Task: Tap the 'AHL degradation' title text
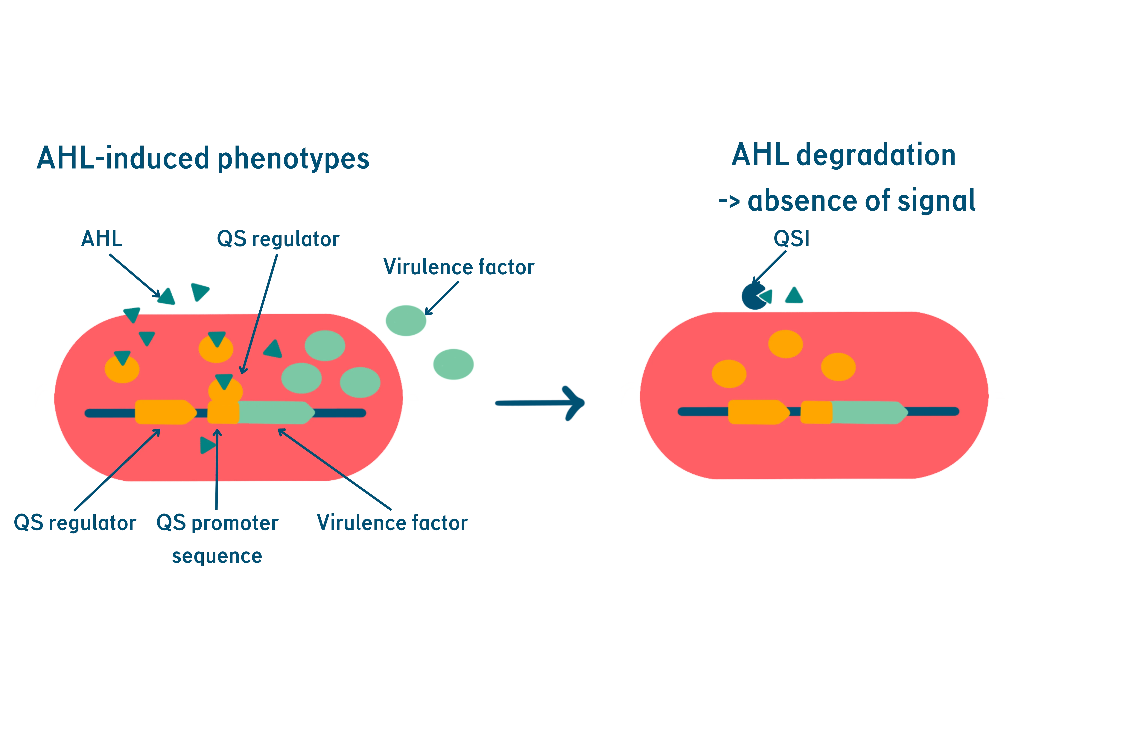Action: (843, 156)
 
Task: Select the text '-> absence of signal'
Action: (847, 201)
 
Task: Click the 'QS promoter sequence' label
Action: (217, 539)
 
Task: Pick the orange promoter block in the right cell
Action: (816, 412)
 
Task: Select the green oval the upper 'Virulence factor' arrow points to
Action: (406, 320)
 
